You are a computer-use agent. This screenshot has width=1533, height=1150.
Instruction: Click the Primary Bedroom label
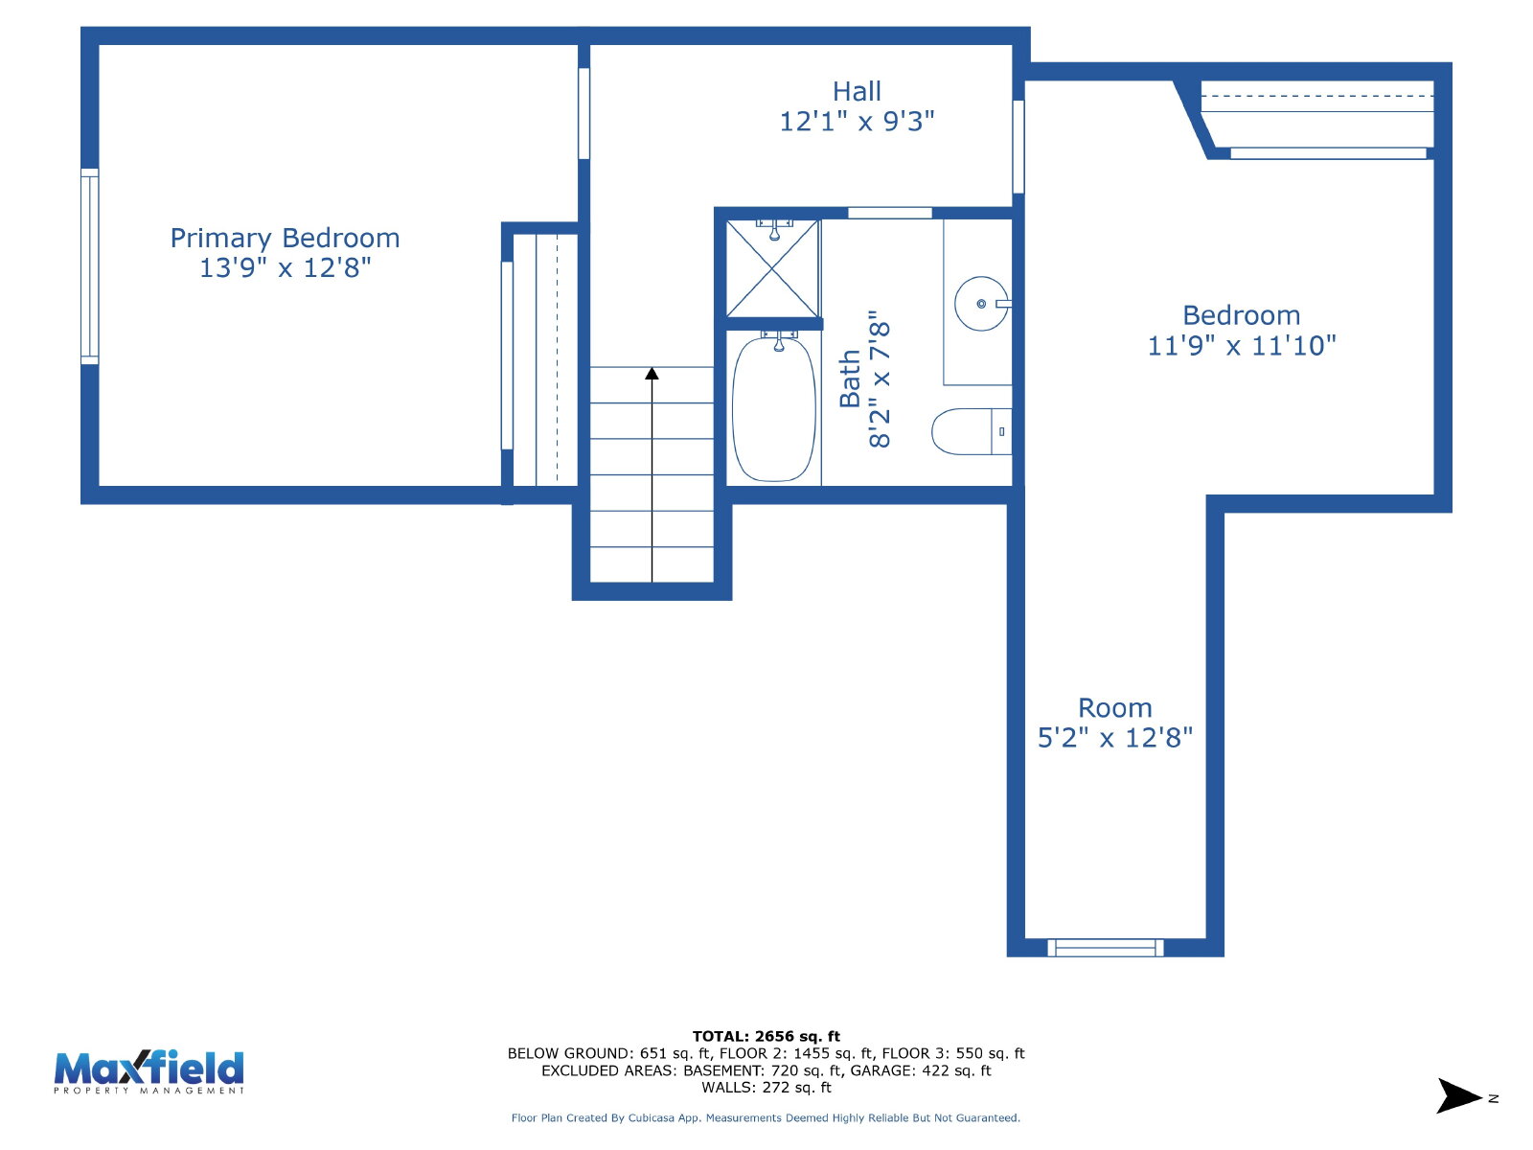point(285,238)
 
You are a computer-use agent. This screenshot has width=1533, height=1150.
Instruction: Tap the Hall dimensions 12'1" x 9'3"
point(856,122)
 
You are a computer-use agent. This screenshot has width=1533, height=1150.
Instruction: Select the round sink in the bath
point(980,303)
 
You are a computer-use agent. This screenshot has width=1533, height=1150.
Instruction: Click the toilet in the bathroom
point(971,431)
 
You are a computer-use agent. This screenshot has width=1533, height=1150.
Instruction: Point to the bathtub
point(773,408)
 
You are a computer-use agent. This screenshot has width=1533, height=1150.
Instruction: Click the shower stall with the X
point(771,269)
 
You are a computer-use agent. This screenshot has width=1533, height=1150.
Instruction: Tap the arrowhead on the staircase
point(652,373)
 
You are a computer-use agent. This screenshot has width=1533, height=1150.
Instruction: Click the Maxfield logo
point(149,1071)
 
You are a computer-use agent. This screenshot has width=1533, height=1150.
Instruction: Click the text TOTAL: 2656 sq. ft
point(766,1036)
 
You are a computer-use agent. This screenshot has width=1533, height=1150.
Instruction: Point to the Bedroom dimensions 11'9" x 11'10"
point(1241,346)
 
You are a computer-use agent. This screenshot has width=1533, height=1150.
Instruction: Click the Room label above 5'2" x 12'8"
point(1114,708)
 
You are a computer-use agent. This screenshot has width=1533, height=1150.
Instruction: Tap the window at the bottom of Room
point(1105,948)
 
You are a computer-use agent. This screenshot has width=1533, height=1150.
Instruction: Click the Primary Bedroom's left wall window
point(89,266)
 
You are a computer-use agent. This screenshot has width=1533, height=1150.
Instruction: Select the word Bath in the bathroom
point(849,378)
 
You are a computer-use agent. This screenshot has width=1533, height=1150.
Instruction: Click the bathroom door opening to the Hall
point(889,212)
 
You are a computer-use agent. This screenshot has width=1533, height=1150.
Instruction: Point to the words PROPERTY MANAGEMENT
point(149,1091)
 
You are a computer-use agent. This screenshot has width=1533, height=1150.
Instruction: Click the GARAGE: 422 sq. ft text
point(921,1070)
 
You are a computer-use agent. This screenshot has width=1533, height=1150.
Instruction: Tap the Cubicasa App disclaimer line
point(766,1117)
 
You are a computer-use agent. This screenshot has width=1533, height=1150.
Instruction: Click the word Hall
point(857,91)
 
